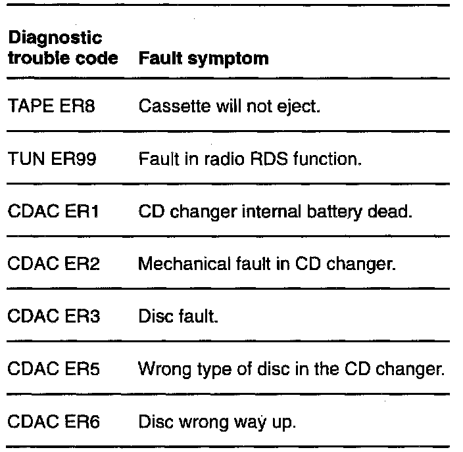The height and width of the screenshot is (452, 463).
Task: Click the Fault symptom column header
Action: click(x=203, y=58)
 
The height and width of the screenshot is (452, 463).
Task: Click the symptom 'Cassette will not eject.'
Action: click(x=230, y=106)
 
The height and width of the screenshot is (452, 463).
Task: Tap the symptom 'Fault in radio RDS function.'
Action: click(x=250, y=159)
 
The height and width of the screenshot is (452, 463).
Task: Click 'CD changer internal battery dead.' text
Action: click(x=276, y=212)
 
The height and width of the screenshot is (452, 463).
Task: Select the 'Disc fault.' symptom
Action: click(x=178, y=318)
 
